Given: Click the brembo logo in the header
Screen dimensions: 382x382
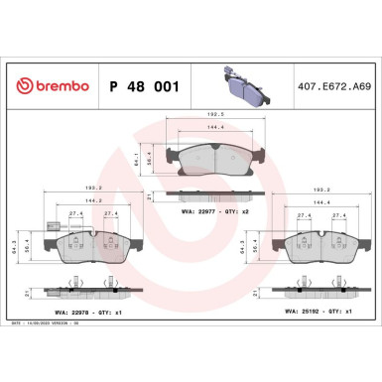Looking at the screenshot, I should (50, 87).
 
